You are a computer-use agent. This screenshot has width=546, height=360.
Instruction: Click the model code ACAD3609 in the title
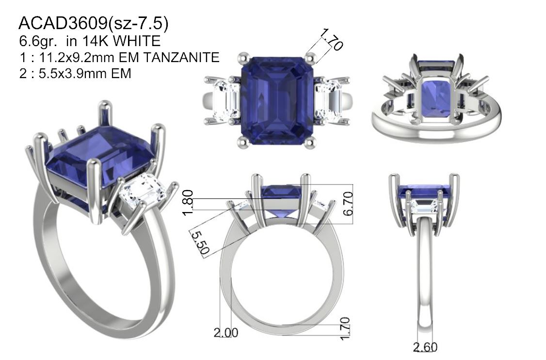tap(63, 23)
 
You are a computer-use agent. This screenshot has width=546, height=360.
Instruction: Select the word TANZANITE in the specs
tap(181, 57)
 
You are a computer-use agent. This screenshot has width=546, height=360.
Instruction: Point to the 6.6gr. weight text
tap(38, 41)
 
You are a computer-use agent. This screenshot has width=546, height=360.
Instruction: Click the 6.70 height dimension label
tap(348, 203)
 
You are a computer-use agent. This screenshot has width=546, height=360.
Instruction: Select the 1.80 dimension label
tap(188, 203)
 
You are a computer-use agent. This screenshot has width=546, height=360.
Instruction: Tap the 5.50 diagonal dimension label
tap(200, 243)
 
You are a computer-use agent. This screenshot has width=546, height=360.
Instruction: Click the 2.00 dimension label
tap(226, 333)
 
